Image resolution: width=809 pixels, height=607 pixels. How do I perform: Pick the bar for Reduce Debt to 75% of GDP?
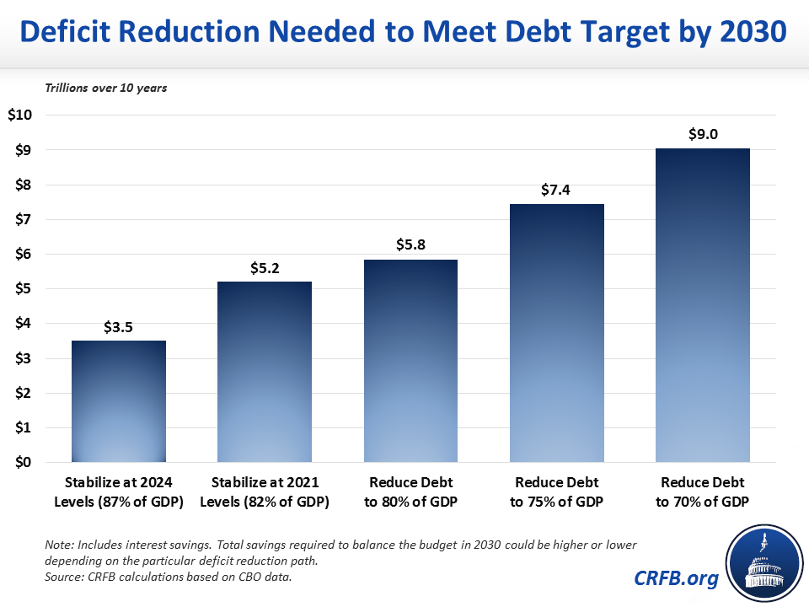[556, 333]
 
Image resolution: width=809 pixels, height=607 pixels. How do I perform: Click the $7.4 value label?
[556, 190]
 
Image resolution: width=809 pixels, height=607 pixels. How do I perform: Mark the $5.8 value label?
[410, 245]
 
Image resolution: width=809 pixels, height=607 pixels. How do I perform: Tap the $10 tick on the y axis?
[19, 115]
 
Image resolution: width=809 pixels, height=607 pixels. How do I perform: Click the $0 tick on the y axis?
[23, 463]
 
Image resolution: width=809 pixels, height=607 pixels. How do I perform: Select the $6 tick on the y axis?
[23, 255]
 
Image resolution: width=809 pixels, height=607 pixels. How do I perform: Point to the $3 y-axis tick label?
[23, 359]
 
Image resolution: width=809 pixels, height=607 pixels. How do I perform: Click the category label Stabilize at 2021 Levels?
[264, 492]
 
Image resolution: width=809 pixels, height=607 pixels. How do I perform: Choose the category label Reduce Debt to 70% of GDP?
[702, 492]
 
